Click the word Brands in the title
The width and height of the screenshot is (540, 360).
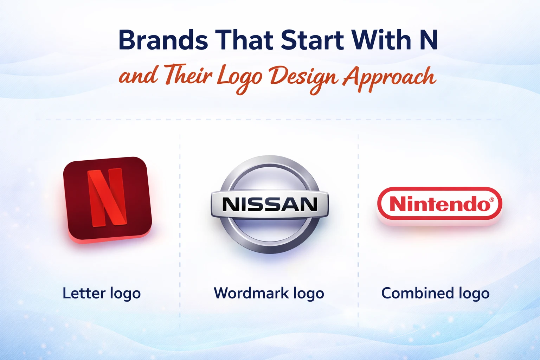click(163, 40)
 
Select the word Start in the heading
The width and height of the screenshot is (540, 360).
click(312, 40)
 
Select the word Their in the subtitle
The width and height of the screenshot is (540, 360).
click(188, 76)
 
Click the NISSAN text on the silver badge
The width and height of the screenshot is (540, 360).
click(270, 204)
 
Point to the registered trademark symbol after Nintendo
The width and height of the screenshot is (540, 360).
click(491, 200)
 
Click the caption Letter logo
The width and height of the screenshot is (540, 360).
click(102, 293)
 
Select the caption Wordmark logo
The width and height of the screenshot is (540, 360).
click(269, 293)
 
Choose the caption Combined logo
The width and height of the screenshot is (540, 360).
click(435, 293)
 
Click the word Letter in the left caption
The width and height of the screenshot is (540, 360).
click(84, 293)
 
